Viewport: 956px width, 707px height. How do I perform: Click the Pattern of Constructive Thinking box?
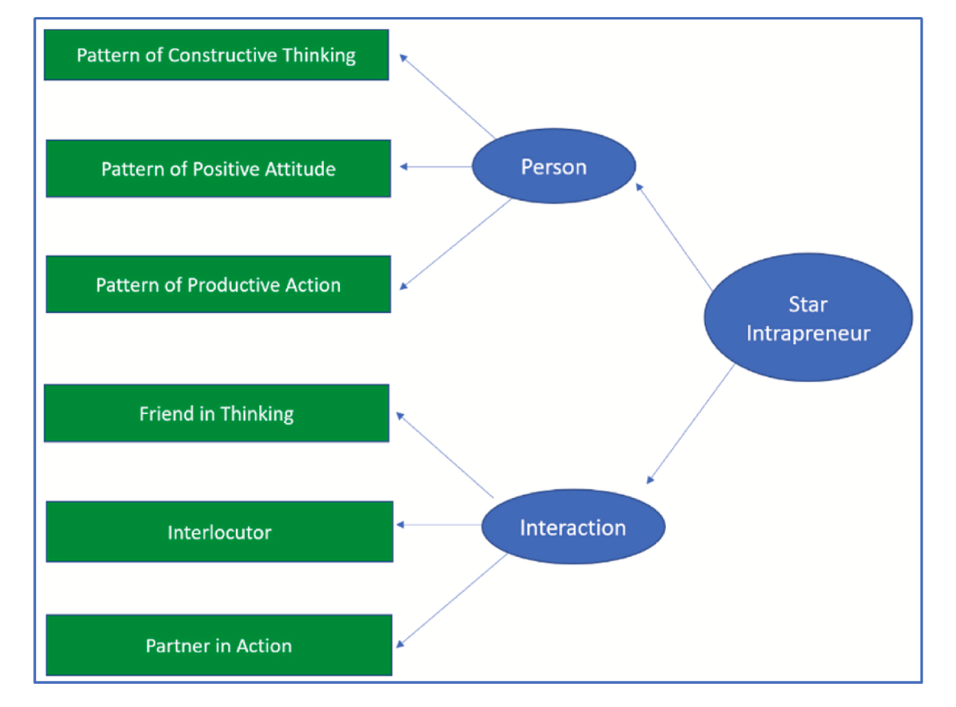216,55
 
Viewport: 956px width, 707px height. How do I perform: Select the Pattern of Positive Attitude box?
218,169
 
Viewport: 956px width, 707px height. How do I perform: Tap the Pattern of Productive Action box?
218,285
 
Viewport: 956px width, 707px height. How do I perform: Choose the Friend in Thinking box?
216,413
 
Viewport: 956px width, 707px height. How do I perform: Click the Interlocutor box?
219,532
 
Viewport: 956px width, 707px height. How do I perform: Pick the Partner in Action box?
218,646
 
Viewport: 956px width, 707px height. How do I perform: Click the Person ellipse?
553,167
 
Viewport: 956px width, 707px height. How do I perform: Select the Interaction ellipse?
572,528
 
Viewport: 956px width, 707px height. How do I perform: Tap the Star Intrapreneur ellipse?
808,318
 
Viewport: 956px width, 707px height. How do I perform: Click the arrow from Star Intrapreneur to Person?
674,238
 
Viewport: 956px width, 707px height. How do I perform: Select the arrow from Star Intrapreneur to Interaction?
690,424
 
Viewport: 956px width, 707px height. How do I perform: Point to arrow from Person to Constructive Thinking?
447,96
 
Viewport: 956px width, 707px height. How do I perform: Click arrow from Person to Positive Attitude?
436,167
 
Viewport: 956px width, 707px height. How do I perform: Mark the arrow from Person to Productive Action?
455,244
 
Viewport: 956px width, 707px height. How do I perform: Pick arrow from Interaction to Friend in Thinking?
445,455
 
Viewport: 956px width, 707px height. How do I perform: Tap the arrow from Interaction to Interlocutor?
440,525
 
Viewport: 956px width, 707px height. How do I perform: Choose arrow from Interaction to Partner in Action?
452,600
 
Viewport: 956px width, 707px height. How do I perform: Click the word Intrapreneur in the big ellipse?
808,334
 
